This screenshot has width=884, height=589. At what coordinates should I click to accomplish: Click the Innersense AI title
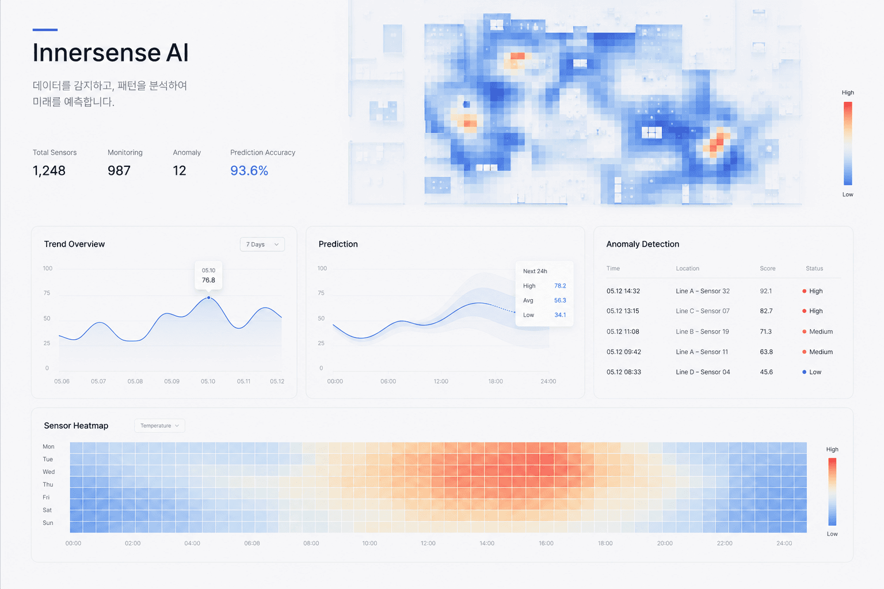click(x=110, y=52)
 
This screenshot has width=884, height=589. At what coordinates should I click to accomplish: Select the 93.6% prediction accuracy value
click(x=249, y=170)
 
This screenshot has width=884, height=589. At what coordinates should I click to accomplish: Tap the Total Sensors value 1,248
click(x=49, y=170)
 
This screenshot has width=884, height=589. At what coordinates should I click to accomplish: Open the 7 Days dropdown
click(x=262, y=244)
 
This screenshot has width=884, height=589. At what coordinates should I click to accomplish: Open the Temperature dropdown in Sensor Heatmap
click(x=159, y=426)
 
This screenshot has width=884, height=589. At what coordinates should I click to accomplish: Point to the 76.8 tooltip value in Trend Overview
click(x=208, y=280)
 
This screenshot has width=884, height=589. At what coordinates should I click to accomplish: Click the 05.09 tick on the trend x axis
click(x=172, y=381)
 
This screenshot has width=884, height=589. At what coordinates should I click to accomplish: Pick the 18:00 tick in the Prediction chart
click(x=496, y=381)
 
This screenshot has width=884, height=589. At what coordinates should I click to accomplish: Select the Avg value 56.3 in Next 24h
click(x=560, y=300)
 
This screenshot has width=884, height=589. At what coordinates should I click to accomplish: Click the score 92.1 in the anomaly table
click(x=765, y=291)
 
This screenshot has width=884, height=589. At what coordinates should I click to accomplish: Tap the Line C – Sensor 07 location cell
click(x=703, y=311)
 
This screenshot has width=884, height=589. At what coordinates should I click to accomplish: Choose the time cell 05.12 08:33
click(x=623, y=372)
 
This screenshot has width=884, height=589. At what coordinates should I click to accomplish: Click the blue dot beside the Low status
click(x=804, y=372)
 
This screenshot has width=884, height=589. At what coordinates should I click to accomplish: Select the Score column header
click(x=768, y=268)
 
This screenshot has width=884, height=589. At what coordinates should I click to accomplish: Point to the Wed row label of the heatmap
click(x=48, y=472)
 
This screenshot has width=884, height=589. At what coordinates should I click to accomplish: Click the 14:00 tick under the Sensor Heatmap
click(x=486, y=543)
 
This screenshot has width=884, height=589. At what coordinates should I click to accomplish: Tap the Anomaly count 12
click(x=179, y=170)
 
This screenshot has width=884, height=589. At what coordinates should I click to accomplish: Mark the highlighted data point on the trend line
click(x=208, y=298)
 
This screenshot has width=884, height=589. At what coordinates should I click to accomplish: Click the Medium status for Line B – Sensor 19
click(x=821, y=331)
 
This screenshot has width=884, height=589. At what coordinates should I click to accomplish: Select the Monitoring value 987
click(x=119, y=170)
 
